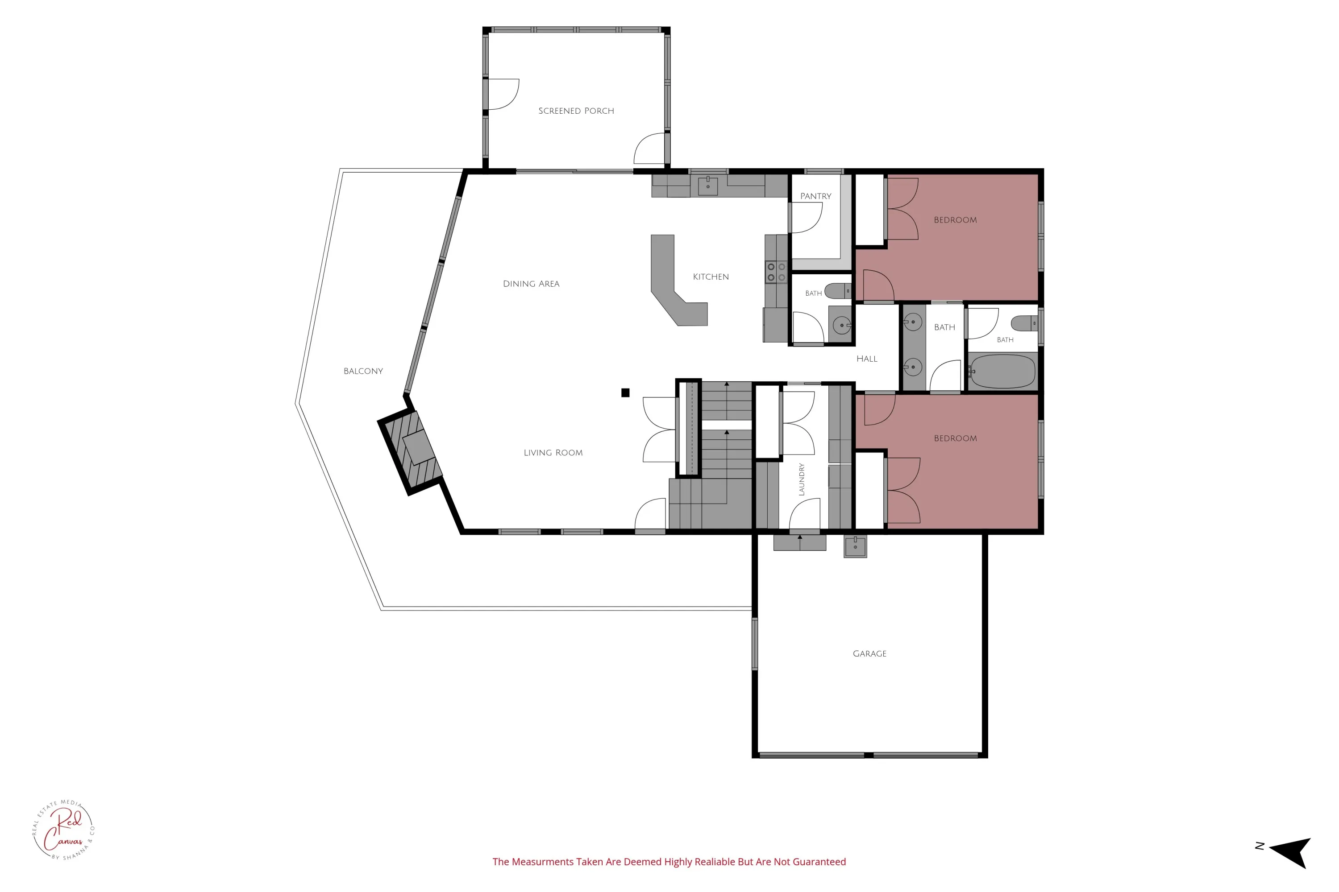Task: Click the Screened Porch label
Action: [x=576, y=111]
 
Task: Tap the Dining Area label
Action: [x=531, y=284]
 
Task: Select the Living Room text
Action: [x=553, y=453]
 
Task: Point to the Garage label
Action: [x=869, y=654]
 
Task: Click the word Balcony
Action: [x=363, y=371]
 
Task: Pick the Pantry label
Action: [x=816, y=196]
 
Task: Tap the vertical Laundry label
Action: [x=802, y=479]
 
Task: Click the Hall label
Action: [x=866, y=359]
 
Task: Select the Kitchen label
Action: [x=711, y=277]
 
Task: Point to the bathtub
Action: [x=1002, y=372]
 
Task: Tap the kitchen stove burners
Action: [x=776, y=272]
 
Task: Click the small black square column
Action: [x=625, y=392]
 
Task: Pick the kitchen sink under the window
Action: [x=707, y=186]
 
